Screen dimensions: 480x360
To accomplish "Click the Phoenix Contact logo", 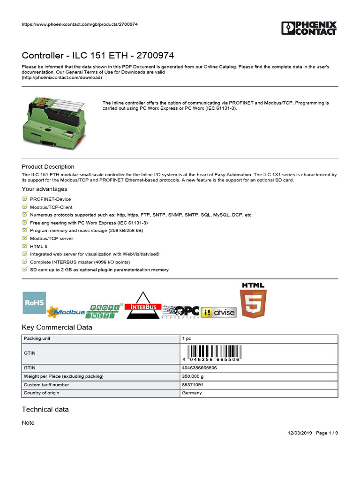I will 309,28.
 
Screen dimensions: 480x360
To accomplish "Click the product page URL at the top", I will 80,24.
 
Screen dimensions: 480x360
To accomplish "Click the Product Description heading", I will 48,166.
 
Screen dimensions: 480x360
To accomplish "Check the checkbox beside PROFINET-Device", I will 25,199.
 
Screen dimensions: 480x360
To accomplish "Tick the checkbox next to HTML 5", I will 25,246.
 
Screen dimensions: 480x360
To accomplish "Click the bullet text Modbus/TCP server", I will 51,238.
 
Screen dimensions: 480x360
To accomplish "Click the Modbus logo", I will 68,312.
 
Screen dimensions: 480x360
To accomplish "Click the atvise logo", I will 218,312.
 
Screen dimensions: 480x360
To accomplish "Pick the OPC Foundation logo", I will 181,311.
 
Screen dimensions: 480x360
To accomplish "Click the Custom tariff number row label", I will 46,385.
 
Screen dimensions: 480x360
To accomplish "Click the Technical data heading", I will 45,409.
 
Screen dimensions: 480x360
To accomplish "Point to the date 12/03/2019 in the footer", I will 299,433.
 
